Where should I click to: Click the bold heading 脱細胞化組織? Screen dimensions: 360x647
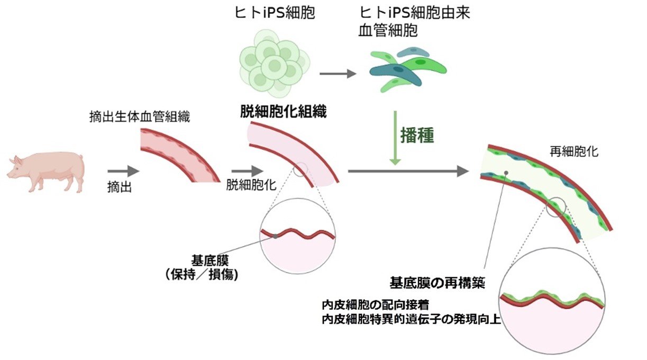pos(283,111)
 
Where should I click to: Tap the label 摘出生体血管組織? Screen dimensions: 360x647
pos(139,118)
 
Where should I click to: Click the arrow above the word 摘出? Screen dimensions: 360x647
pos(123,171)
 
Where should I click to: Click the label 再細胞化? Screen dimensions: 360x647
pos(575,151)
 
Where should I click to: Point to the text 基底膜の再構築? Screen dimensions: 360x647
pos(438,282)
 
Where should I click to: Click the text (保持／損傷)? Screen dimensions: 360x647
pos(201,274)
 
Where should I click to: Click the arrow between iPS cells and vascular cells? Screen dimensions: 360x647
pos(339,74)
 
